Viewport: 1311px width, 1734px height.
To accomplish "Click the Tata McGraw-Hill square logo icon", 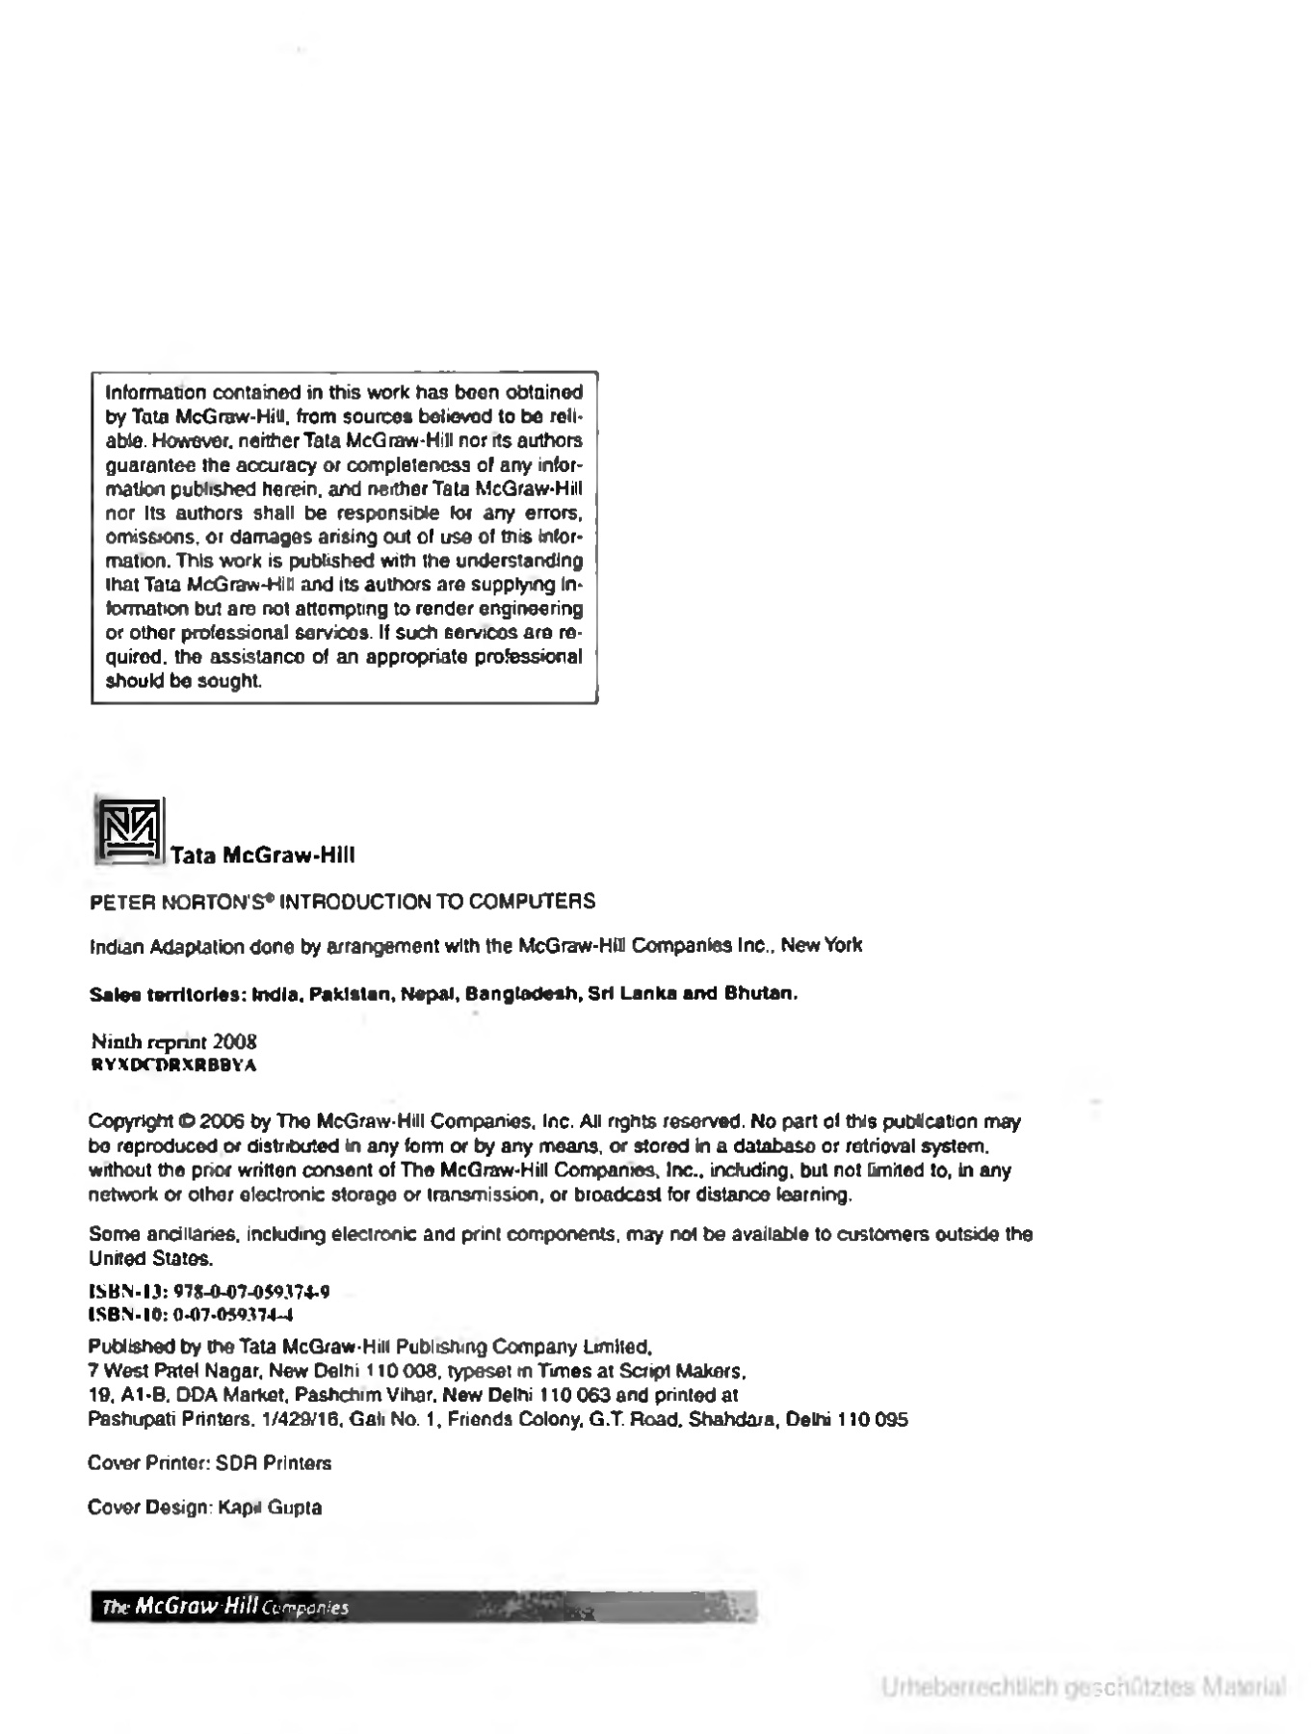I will pyautogui.click(x=128, y=829).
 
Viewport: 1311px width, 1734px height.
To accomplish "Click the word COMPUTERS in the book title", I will pyautogui.click(x=544, y=902).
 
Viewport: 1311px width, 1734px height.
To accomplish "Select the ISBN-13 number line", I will pyautogui.click(x=209, y=1292).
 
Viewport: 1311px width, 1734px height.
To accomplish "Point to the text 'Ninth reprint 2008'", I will pyautogui.click(x=173, y=1041).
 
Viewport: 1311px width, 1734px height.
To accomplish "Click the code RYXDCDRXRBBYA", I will pyautogui.click(x=172, y=1064).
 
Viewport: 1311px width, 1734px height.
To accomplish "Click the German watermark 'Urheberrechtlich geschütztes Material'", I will pyautogui.click(x=1083, y=1687).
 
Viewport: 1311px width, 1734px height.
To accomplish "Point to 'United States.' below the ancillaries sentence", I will pyautogui.click(x=150, y=1258).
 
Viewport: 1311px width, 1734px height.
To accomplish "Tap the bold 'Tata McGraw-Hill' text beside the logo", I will pyautogui.click(x=262, y=855).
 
